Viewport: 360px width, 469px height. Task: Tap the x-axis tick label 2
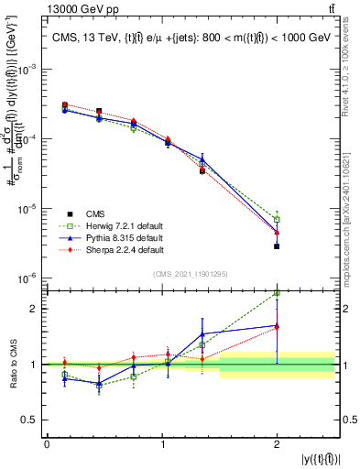[x=277, y=444]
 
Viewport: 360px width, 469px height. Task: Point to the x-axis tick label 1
[x=161, y=444]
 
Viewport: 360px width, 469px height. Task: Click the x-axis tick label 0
[x=47, y=444]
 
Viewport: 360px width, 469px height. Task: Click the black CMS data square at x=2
[x=277, y=246]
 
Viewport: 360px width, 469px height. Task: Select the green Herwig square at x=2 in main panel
[x=277, y=219]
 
